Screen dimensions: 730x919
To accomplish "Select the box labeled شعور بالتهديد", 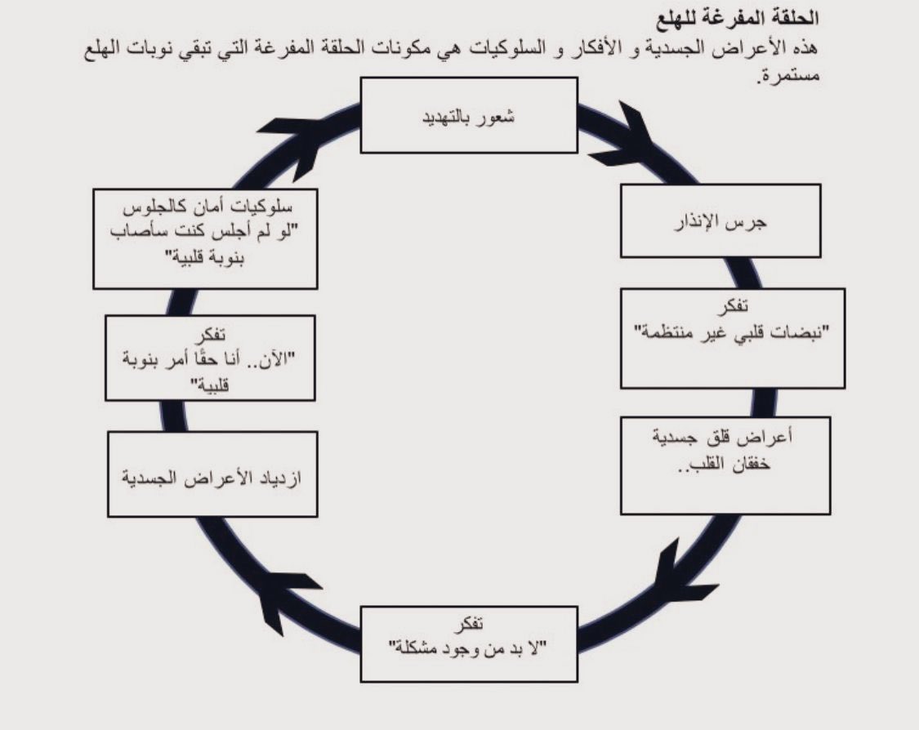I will pos(468,114).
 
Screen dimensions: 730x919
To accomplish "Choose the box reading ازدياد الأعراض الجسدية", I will pos(212,475).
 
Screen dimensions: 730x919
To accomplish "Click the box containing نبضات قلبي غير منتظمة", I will pos(732,336).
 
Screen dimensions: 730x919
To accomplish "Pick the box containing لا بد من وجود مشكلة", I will pos(468,643).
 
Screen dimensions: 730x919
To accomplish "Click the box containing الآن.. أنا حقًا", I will pos(211,359).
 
